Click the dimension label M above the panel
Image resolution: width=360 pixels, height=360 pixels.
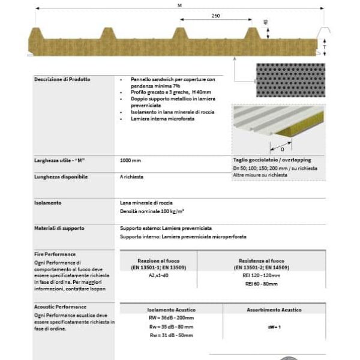coord(179,5)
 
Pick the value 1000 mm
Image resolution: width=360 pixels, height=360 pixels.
coord(130,161)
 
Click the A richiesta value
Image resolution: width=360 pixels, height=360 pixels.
coord(132,177)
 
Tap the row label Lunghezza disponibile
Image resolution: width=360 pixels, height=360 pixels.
coord(61,177)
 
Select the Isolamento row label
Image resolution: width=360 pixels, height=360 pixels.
coord(47,203)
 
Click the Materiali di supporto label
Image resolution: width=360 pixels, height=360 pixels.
coord(59,229)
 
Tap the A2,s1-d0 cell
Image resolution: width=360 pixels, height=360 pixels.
coord(158,274)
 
